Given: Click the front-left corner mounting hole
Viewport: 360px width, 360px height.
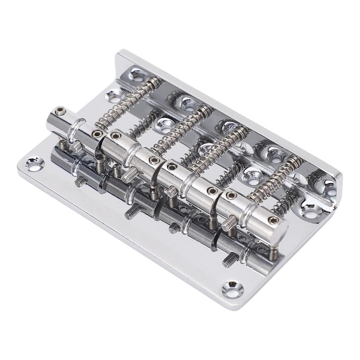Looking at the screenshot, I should click(x=36, y=163).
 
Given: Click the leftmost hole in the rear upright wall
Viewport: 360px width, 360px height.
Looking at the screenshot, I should click(x=136, y=75).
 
